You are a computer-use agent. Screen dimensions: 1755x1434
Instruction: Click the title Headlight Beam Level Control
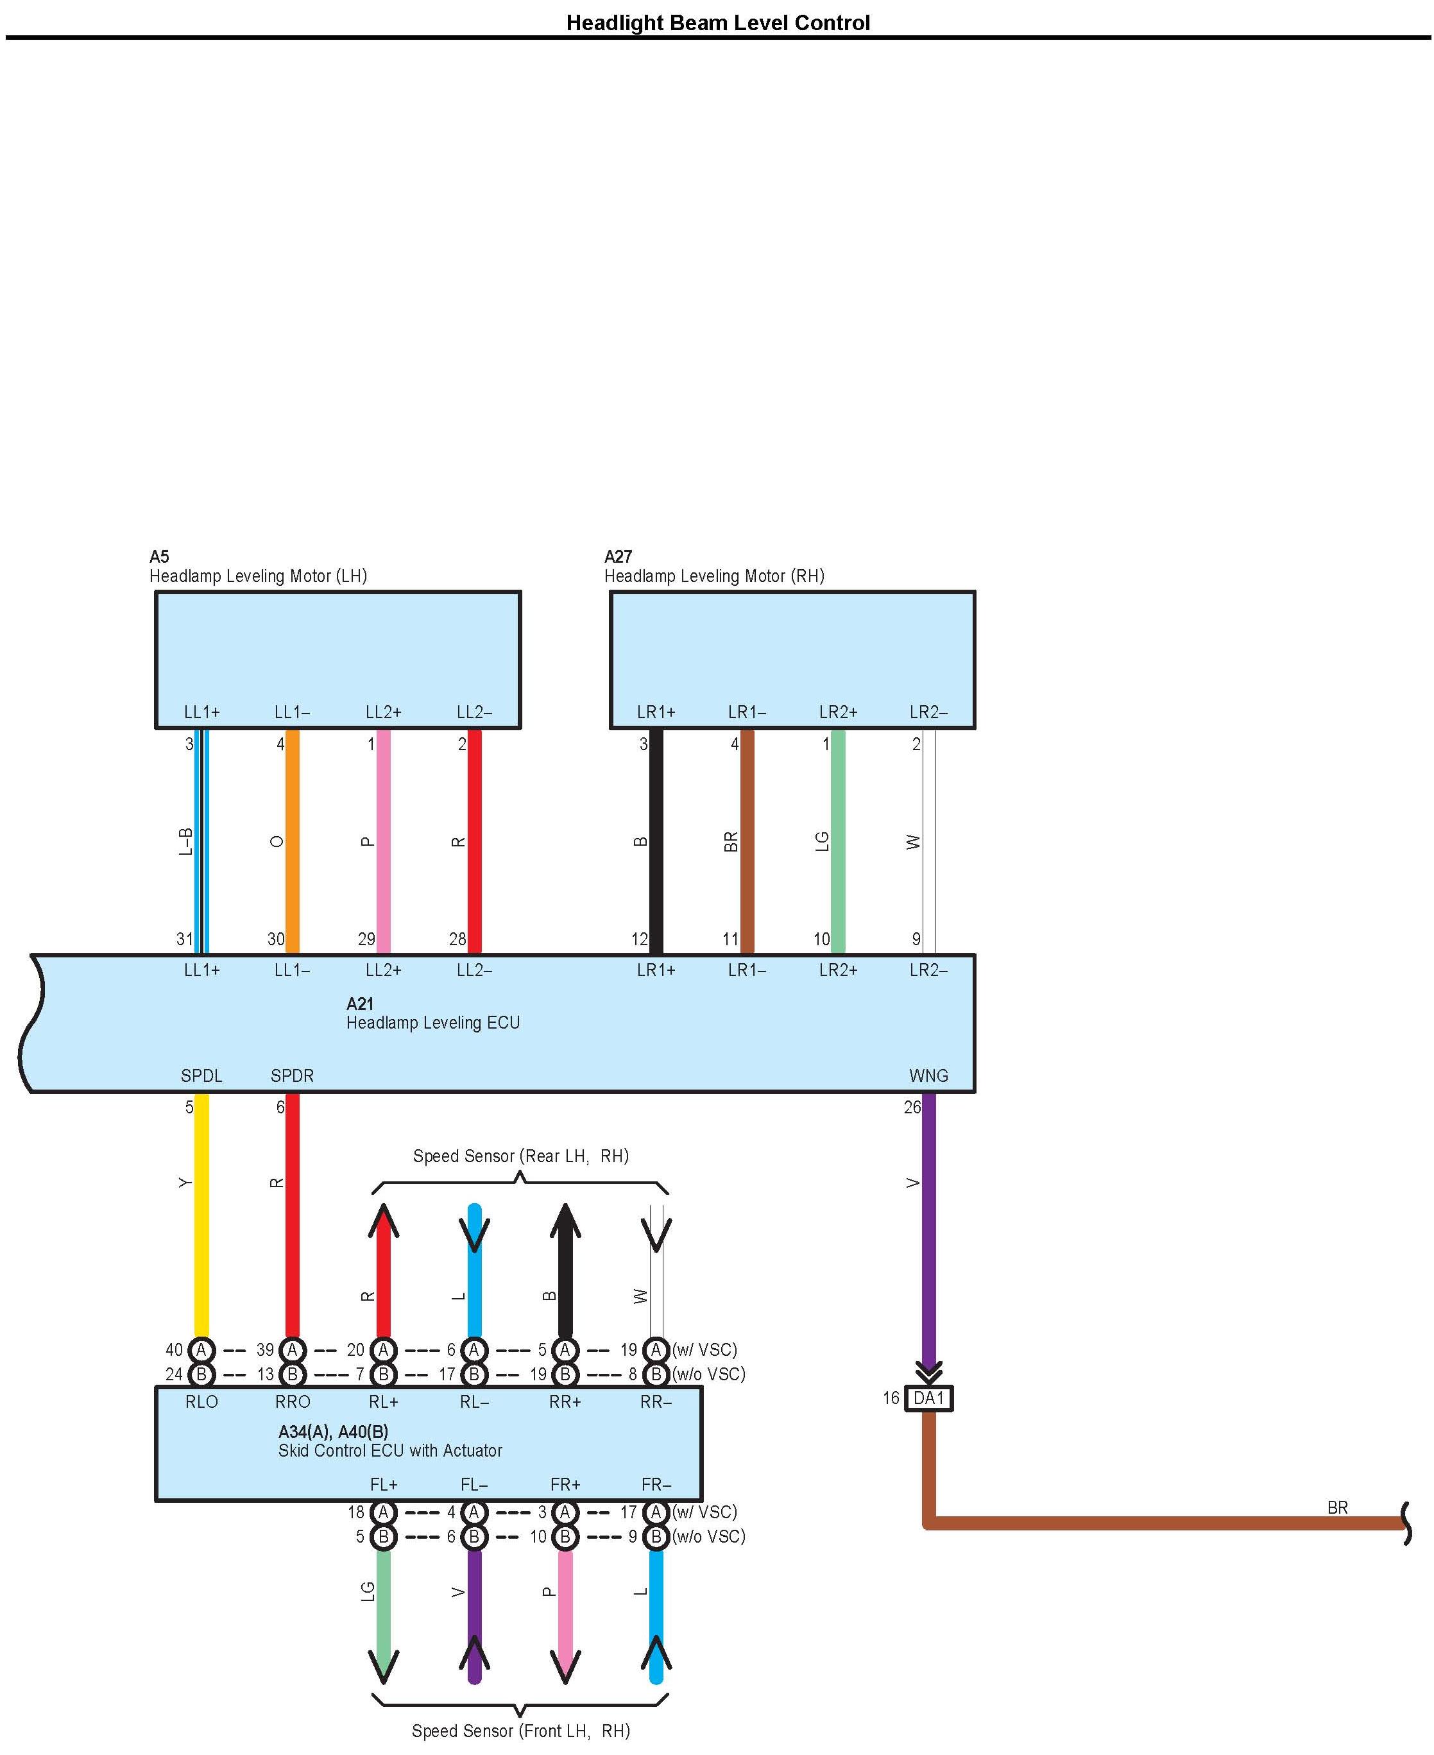pos(717,22)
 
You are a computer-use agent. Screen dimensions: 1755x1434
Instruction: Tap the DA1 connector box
pos(928,1398)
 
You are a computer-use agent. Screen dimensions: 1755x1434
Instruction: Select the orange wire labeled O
pos(293,841)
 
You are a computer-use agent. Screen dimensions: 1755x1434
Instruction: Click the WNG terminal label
pos(928,1076)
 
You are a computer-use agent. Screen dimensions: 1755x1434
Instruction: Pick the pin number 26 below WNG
pos(912,1107)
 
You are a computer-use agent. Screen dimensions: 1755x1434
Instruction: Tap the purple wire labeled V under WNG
pos(928,1223)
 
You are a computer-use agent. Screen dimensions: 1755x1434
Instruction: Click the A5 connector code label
pos(159,556)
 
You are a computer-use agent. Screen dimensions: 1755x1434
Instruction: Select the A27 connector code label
pos(618,556)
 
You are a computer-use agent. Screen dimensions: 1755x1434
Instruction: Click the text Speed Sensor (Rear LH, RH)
pos(520,1156)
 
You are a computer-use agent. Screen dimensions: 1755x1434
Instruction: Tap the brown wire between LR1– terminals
pos(747,841)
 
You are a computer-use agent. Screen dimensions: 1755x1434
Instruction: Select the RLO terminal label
pos(201,1402)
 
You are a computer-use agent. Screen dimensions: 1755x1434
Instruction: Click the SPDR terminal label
pos(293,1076)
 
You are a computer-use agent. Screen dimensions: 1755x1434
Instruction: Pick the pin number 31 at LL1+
pos(184,939)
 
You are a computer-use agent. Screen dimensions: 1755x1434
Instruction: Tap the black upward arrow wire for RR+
pos(565,1272)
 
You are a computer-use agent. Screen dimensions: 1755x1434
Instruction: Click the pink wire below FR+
pos(565,1611)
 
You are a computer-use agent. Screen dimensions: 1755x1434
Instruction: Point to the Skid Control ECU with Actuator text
pos(390,1451)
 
